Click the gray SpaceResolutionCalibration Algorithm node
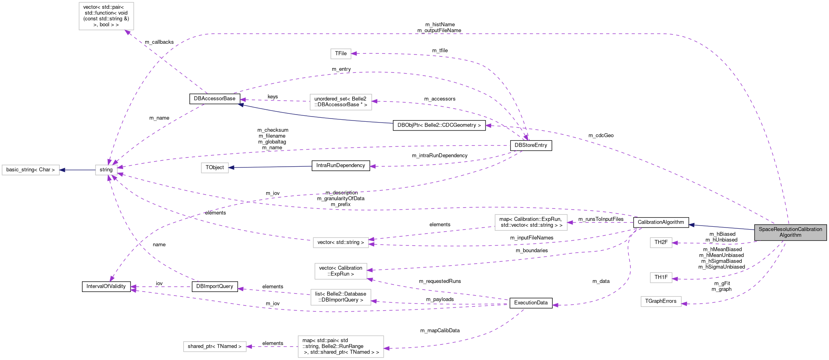pos(790,232)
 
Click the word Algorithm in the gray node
pos(790,235)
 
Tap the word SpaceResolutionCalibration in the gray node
pos(790,229)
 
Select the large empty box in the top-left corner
pos(106,16)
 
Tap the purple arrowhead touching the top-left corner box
pos(128,32)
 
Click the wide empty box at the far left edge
pos(31,170)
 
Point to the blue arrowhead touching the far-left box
pos(62,170)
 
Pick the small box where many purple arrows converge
pos(106,170)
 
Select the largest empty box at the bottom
pos(341,346)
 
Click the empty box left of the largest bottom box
pos(215,346)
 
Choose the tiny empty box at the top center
pos(341,54)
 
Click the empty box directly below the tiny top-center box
pos(341,102)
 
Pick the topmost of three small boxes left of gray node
pos(661,243)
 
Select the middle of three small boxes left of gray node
pos(661,278)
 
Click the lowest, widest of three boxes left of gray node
pos(661,302)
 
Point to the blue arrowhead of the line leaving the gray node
pos(691,225)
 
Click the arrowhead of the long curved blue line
pos(240,105)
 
